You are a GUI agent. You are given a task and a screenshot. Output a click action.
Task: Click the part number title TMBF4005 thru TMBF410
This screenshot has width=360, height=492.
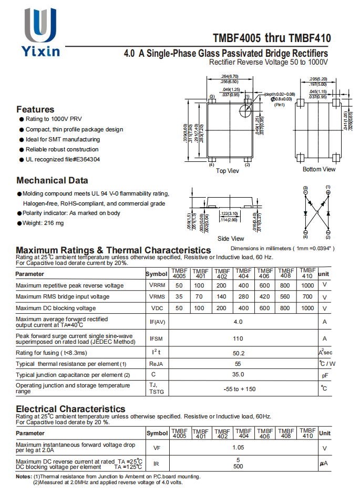(272, 38)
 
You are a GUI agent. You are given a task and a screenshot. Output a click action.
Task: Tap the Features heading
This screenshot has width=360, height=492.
(35, 109)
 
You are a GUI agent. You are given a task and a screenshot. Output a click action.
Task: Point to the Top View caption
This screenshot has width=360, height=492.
(228, 171)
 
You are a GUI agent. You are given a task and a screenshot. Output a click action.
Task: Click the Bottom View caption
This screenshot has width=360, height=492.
(318, 169)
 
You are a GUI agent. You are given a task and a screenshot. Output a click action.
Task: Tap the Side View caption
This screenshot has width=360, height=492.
(230, 239)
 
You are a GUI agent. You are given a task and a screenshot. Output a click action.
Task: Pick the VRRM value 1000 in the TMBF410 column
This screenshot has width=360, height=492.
(307, 285)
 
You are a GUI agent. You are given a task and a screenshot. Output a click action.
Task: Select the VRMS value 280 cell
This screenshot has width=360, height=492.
(243, 296)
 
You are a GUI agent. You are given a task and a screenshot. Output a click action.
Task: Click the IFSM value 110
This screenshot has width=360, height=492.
(238, 339)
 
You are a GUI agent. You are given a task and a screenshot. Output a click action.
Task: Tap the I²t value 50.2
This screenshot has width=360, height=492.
(239, 353)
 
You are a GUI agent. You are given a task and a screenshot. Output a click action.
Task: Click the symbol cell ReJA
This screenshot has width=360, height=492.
(156, 364)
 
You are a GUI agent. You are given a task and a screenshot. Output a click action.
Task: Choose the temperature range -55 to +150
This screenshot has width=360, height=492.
(239, 389)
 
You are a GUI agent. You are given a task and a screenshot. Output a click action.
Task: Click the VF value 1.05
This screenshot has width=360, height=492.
(238, 448)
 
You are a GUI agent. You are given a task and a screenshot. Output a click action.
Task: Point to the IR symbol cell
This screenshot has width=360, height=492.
(156, 464)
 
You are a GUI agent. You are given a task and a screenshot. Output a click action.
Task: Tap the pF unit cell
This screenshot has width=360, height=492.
(325, 375)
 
